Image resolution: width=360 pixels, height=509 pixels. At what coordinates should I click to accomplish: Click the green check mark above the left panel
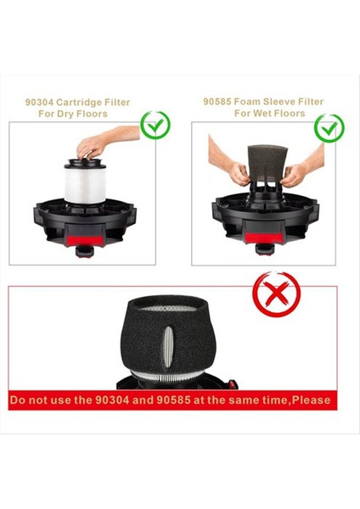click(x=155, y=125)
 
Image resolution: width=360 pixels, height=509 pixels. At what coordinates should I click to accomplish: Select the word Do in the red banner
click(x=21, y=398)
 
